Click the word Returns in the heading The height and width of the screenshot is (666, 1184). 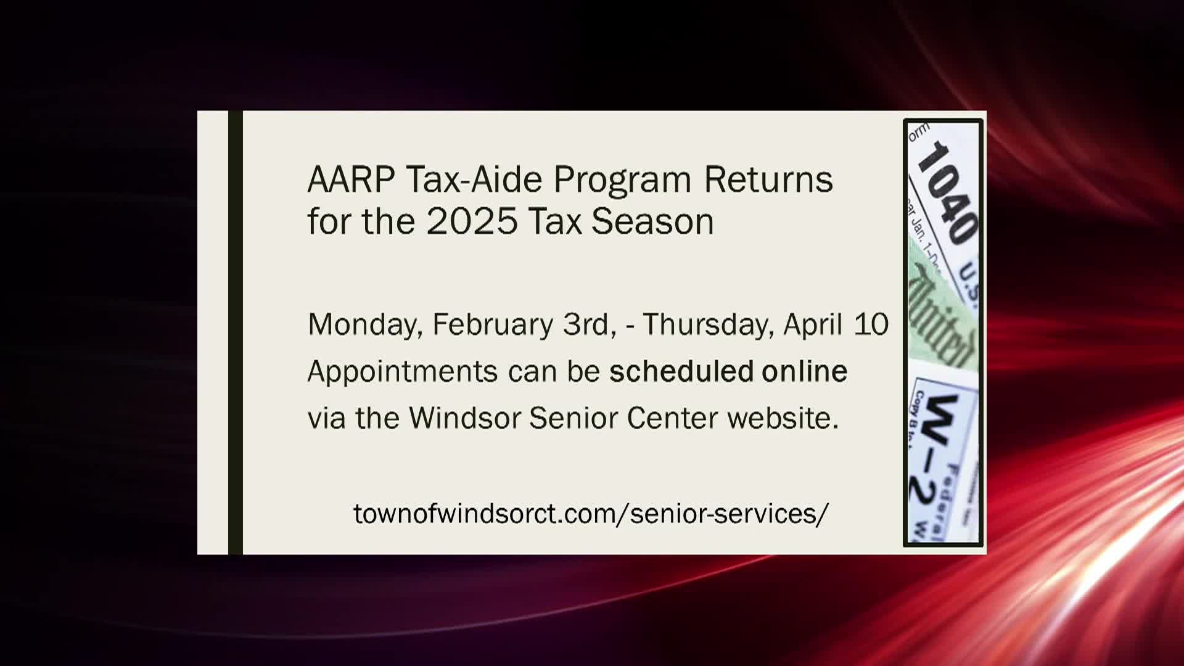(768, 179)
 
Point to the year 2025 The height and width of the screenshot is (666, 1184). (472, 221)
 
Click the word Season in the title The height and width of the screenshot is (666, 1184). (652, 221)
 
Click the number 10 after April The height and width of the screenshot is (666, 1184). (871, 324)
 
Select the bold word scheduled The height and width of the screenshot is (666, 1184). (681, 371)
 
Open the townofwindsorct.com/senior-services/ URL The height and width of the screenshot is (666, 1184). (591, 513)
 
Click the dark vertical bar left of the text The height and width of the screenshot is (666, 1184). (236, 333)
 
